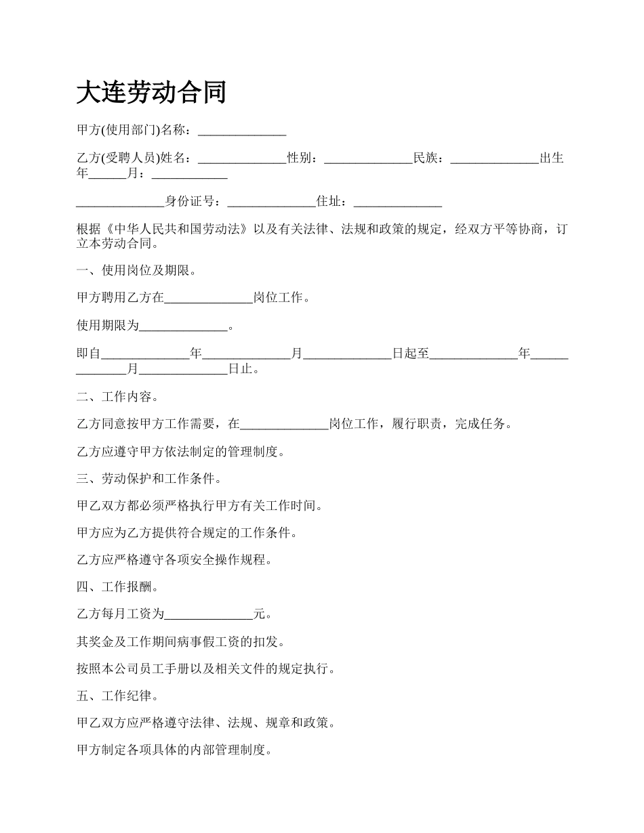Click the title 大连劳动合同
[150, 93]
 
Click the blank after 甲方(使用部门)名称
[241, 131]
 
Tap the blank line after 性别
[368, 158]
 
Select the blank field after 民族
[494, 158]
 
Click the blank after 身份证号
[271, 201]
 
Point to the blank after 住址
[398, 201]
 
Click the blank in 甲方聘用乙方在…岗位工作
[208, 298]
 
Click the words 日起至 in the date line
[410, 354]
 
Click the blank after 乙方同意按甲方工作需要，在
[284, 425]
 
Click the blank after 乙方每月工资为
[208, 615]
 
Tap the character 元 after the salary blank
[259, 615]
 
